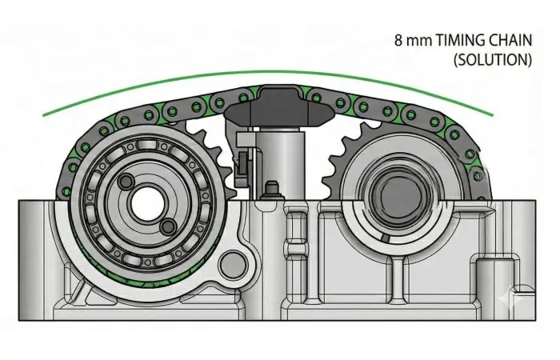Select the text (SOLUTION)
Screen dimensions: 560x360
493,59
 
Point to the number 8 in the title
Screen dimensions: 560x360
398,40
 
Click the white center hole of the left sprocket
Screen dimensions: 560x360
147,203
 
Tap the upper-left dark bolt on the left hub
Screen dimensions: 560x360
126,182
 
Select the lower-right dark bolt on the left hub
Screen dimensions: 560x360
167,226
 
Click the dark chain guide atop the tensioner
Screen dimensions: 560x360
279,106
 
